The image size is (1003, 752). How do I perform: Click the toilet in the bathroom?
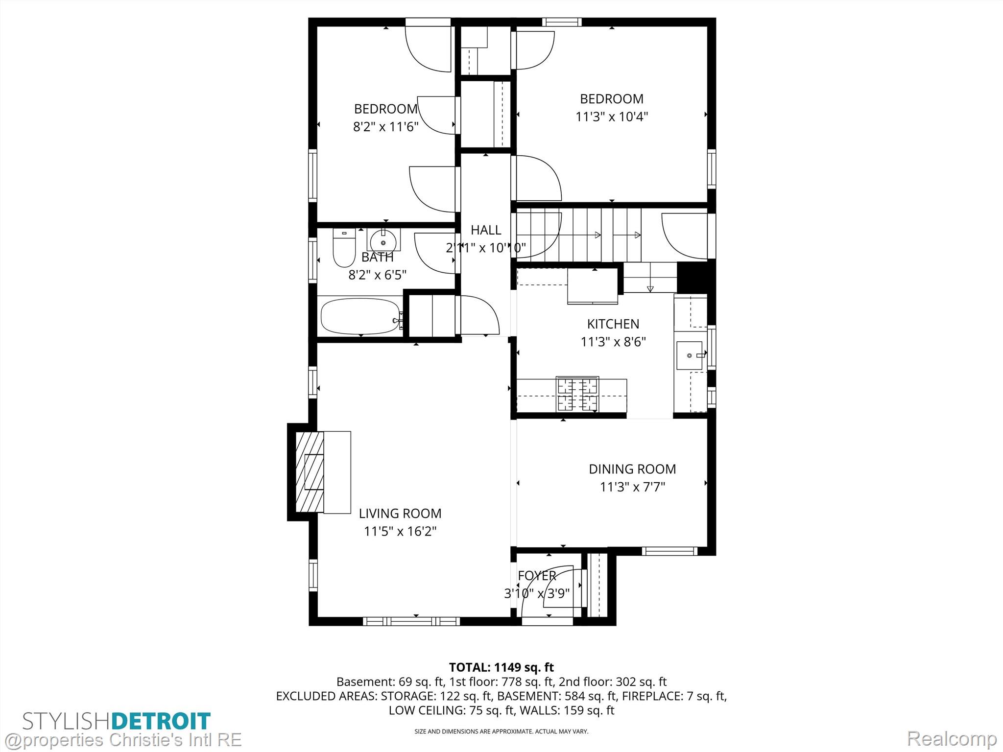coord(344,248)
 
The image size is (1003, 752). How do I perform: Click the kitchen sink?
coord(690,355)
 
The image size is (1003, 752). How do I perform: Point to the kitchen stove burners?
coord(577,394)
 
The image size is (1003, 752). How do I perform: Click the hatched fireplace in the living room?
coord(310,472)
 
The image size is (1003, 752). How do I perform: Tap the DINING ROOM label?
coord(632,469)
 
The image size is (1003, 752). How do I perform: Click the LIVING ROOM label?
coord(400,514)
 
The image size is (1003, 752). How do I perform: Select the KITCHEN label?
coord(613,324)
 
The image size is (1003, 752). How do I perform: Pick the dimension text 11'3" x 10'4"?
coord(612,117)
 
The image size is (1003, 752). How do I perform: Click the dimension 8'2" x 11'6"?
coord(386,127)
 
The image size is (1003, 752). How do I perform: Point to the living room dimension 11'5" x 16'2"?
coord(400,531)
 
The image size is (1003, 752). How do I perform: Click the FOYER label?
coord(537,576)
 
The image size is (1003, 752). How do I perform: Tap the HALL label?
coord(486,230)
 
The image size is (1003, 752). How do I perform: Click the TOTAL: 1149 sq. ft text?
coord(501,667)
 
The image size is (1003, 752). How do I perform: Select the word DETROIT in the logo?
coord(161,722)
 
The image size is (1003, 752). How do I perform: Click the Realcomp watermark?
coord(952,739)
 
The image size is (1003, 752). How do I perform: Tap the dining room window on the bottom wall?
coord(669,551)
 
